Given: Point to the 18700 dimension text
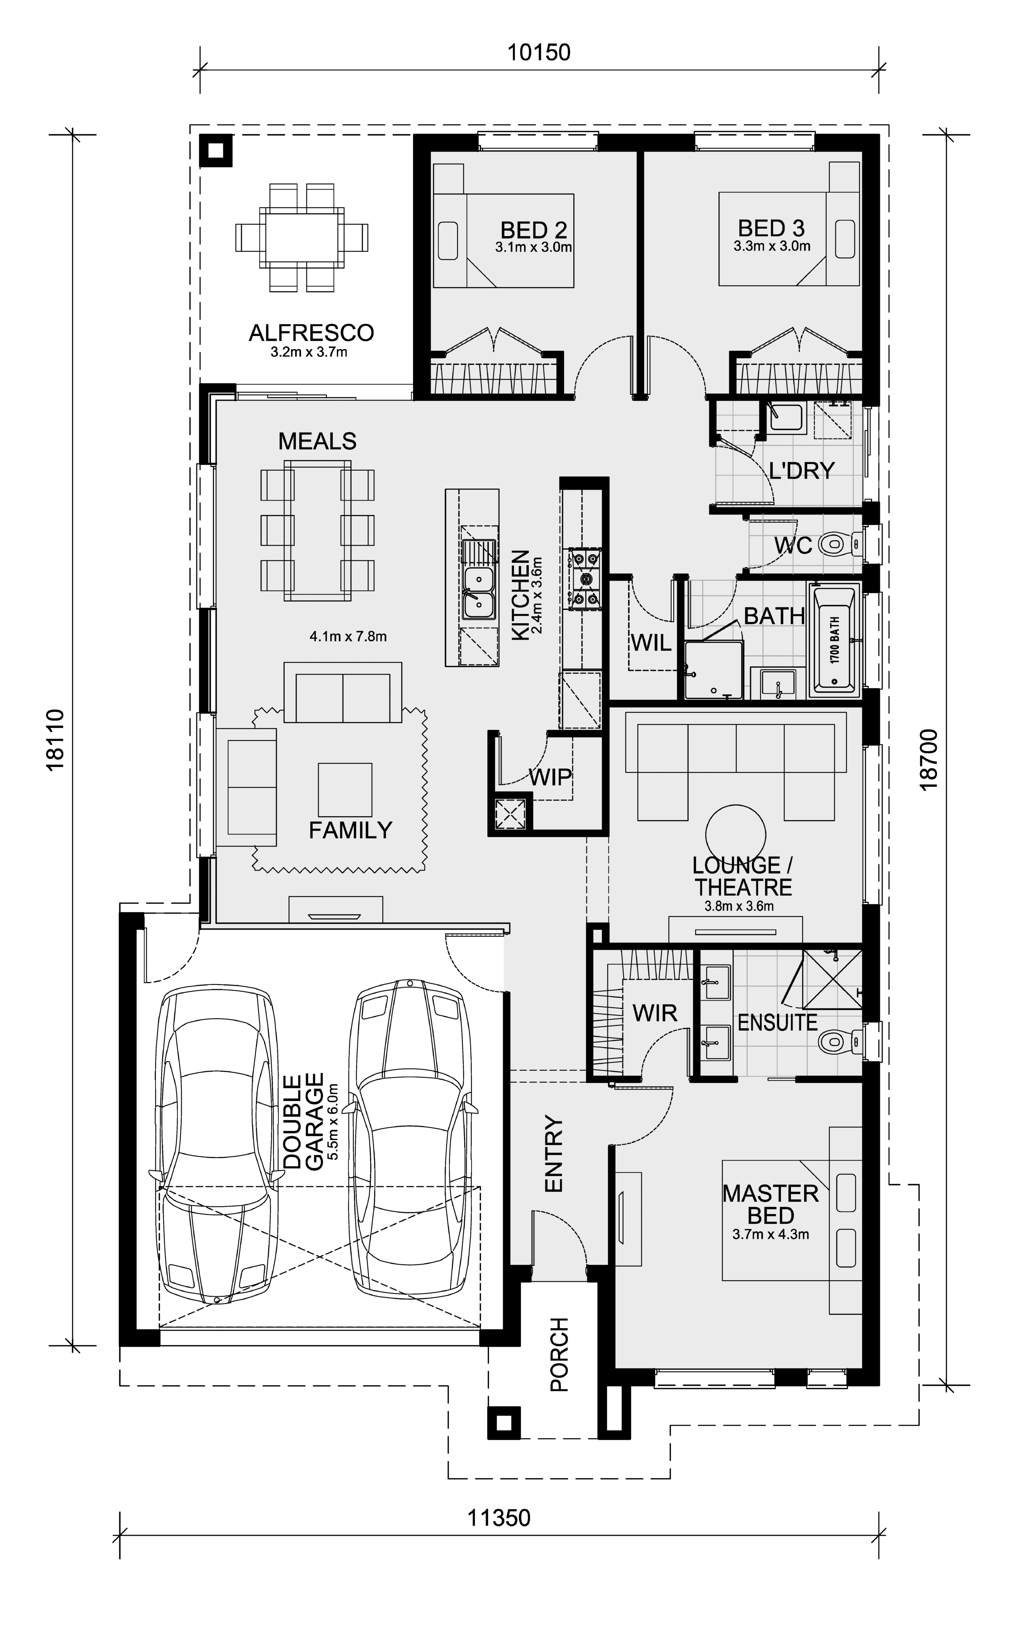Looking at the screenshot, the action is tap(929, 760).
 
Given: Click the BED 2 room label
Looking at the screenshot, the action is tap(534, 230).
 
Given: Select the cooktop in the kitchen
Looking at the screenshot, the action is tap(584, 578).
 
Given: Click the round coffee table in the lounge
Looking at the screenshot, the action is tap(735, 834).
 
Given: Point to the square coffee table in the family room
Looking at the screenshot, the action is tap(345, 789).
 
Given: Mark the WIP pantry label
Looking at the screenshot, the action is tap(550, 776).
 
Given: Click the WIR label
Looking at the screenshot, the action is tap(655, 1013).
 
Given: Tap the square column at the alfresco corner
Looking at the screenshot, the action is tap(215, 151).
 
